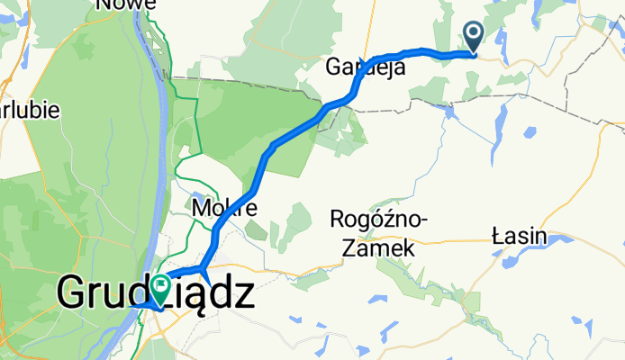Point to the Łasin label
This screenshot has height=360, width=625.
(520, 237)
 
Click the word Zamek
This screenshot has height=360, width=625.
(385, 247)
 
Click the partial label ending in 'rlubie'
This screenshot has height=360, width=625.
(30, 111)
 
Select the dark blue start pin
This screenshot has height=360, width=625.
(474, 36)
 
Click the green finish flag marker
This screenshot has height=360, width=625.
(162, 287)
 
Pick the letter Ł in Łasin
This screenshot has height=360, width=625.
(498, 237)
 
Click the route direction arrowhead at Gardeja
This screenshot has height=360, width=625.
(363, 64)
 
